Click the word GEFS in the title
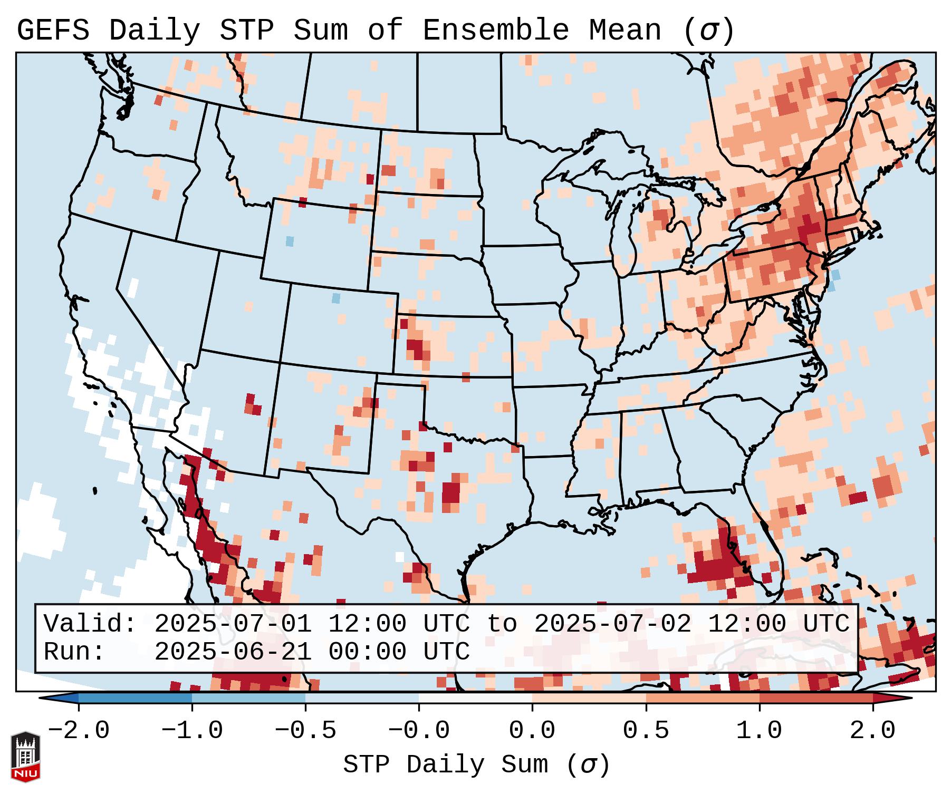(53, 30)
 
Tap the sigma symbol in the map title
(708, 30)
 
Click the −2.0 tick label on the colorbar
(79, 731)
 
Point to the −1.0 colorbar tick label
(192, 731)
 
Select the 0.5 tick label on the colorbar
(646, 731)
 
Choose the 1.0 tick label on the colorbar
(760, 731)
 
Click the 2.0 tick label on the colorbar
(873, 731)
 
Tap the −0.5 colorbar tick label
(305, 731)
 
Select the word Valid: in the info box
(90, 624)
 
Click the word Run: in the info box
(74, 652)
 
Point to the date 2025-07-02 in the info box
(612, 624)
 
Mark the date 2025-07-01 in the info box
(233, 624)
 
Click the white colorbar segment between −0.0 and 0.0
(475, 698)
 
